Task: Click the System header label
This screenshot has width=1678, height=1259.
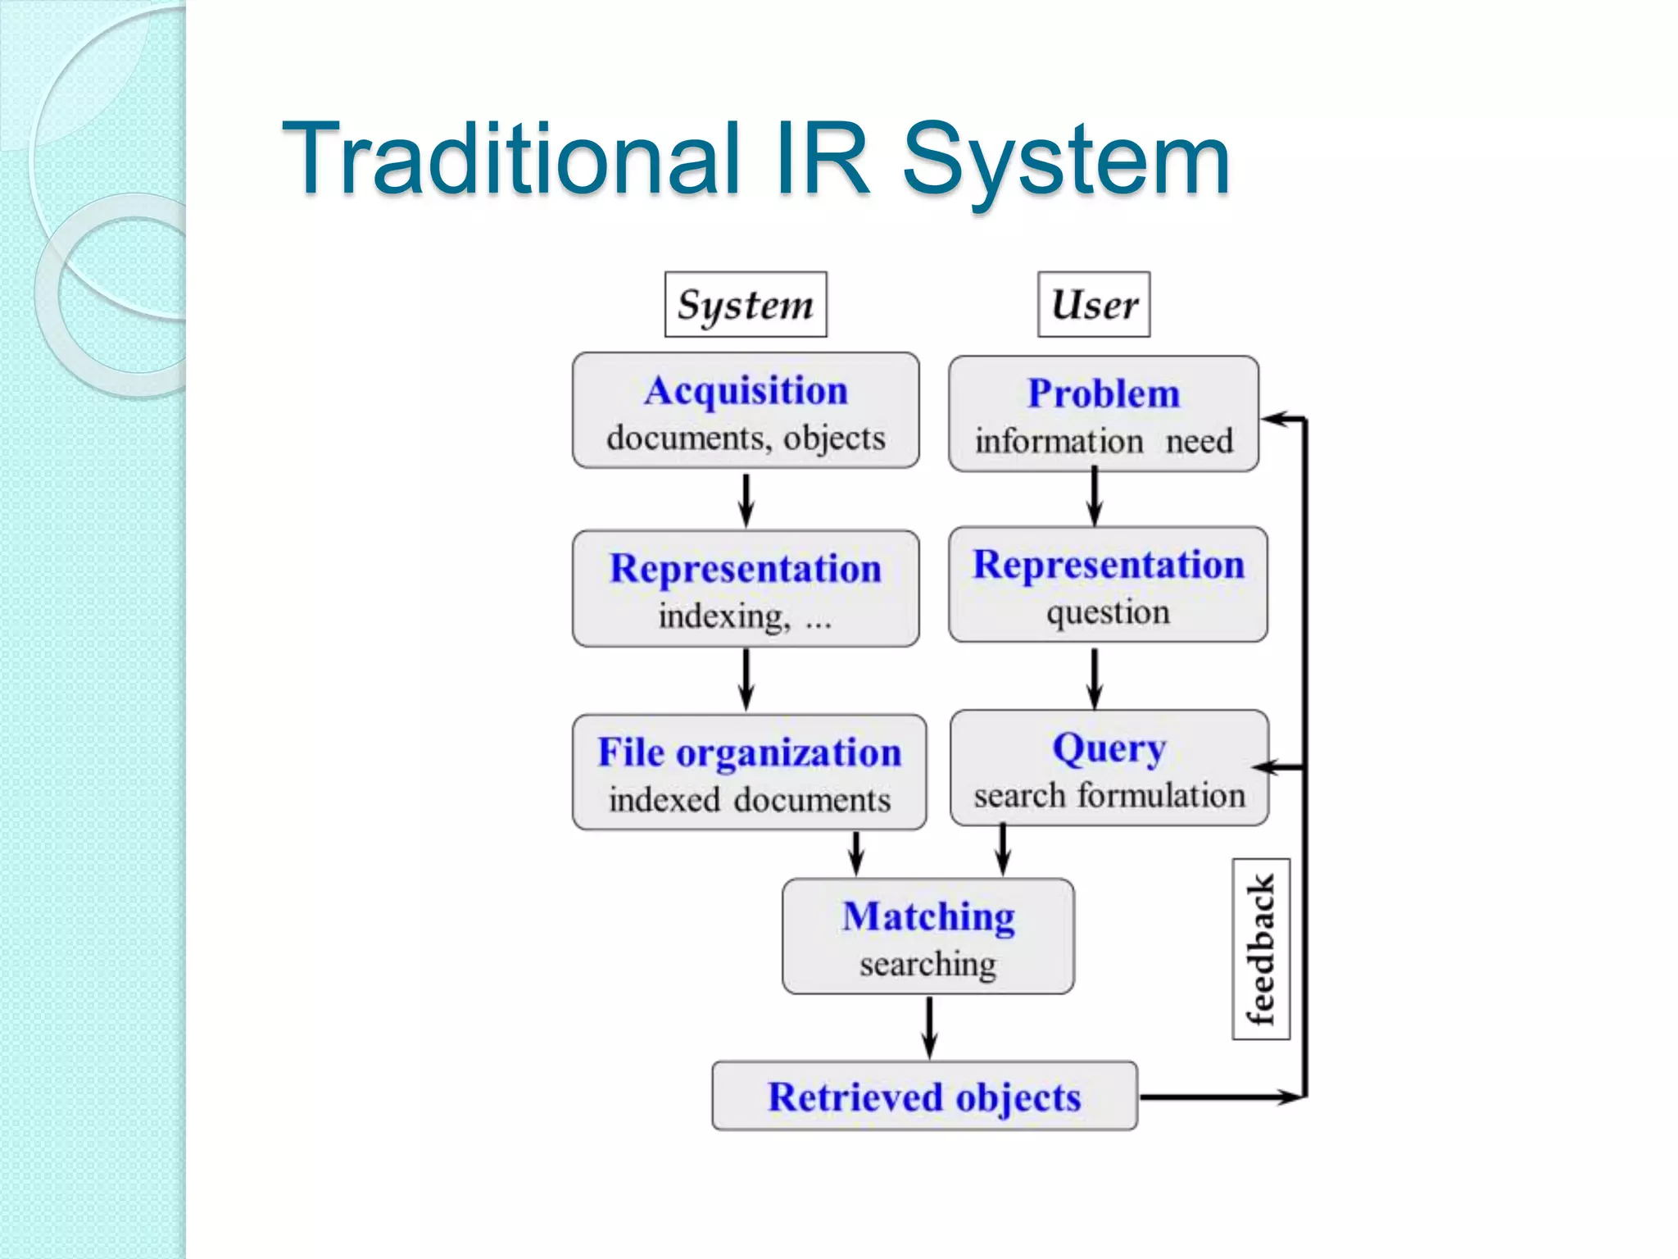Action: pyautogui.click(x=745, y=305)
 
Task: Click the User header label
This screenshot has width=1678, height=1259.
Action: pyautogui.click(x=1093, y=305)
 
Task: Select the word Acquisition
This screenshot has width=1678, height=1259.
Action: pyautogui.click(x=745, y=391)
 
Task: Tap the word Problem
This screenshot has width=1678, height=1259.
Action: pyautogui.click(x=1103, y=393)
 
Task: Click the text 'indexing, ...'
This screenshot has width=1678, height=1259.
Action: pyautogui.click(x=744, y=616)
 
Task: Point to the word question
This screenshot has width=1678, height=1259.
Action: pyautogui.click(x=1107, y=612)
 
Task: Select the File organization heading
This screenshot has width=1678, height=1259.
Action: pyautogui.click(x=749, y=752)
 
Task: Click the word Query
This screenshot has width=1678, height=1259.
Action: pyautogui.click(x=1108, y=748)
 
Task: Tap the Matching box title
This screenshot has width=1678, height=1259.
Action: pyautogui.click(x=927, y=916)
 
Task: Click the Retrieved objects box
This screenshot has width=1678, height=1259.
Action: pyautogui.click(x=924, y=1097)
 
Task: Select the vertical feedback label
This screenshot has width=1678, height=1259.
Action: pyautogui.click(x=1261, y=949)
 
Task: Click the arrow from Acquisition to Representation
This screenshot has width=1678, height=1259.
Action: pyautogui.click(x=746, y=500)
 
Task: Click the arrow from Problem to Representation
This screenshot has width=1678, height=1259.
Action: pyautogui.click(x=1095, y=497)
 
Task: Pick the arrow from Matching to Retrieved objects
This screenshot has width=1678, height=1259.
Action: pyautogui.click(x=928, y=1028)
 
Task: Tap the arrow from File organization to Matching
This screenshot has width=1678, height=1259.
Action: pyautogui.click(x=856, y=853)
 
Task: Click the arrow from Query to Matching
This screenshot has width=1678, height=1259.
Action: pyautogui.click(x=1002, y=850)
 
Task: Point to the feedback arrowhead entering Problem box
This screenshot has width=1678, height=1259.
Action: pyautogui.click(x=1275, y=420)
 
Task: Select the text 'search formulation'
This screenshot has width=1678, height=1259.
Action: pyautogui.click(x=1109, y=796)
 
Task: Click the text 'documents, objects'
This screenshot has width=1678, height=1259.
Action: pyautogui.click(x=746, y=439)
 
